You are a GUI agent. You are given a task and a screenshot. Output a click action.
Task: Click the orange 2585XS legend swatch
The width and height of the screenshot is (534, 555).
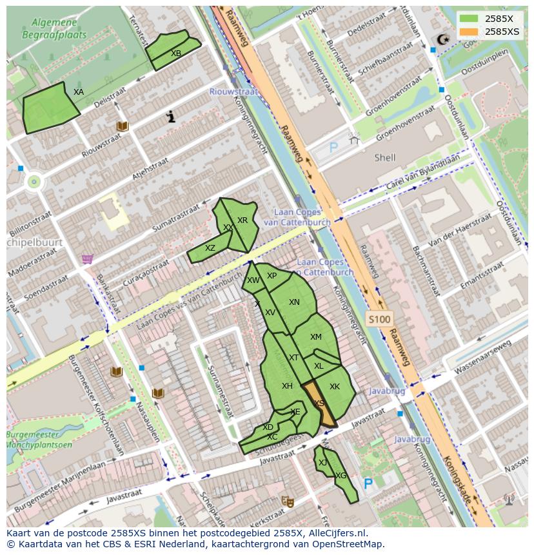[470, 32]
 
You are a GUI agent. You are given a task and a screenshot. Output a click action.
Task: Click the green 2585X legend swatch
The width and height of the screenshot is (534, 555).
[470, 19]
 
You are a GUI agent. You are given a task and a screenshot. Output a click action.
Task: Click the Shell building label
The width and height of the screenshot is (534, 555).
[385, 157]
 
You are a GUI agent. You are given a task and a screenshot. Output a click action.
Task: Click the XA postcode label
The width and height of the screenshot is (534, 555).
[79, 92]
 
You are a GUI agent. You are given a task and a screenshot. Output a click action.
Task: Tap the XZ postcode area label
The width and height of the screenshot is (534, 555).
[210, 248]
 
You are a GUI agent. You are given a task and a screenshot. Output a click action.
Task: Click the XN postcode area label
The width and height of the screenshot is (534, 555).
[294, 302]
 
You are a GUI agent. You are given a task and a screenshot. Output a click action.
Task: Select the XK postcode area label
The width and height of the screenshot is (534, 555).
[335, 387]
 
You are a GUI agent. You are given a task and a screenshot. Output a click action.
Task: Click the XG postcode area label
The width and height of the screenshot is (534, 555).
[341, 476]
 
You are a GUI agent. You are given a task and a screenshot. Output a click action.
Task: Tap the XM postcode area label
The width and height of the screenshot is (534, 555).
[315, 337]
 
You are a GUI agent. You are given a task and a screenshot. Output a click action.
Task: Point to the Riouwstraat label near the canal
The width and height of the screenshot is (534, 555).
[233, 92]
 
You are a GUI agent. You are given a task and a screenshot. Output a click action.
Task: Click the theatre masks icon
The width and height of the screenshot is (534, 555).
[287, 501]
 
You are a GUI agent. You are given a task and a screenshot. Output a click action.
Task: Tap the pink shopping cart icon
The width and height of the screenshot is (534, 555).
[87, 259]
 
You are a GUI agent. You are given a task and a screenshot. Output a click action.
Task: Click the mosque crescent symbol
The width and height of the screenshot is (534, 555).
[442, 40]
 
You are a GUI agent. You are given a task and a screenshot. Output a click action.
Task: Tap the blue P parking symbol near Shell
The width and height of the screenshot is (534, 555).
[333, 148]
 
